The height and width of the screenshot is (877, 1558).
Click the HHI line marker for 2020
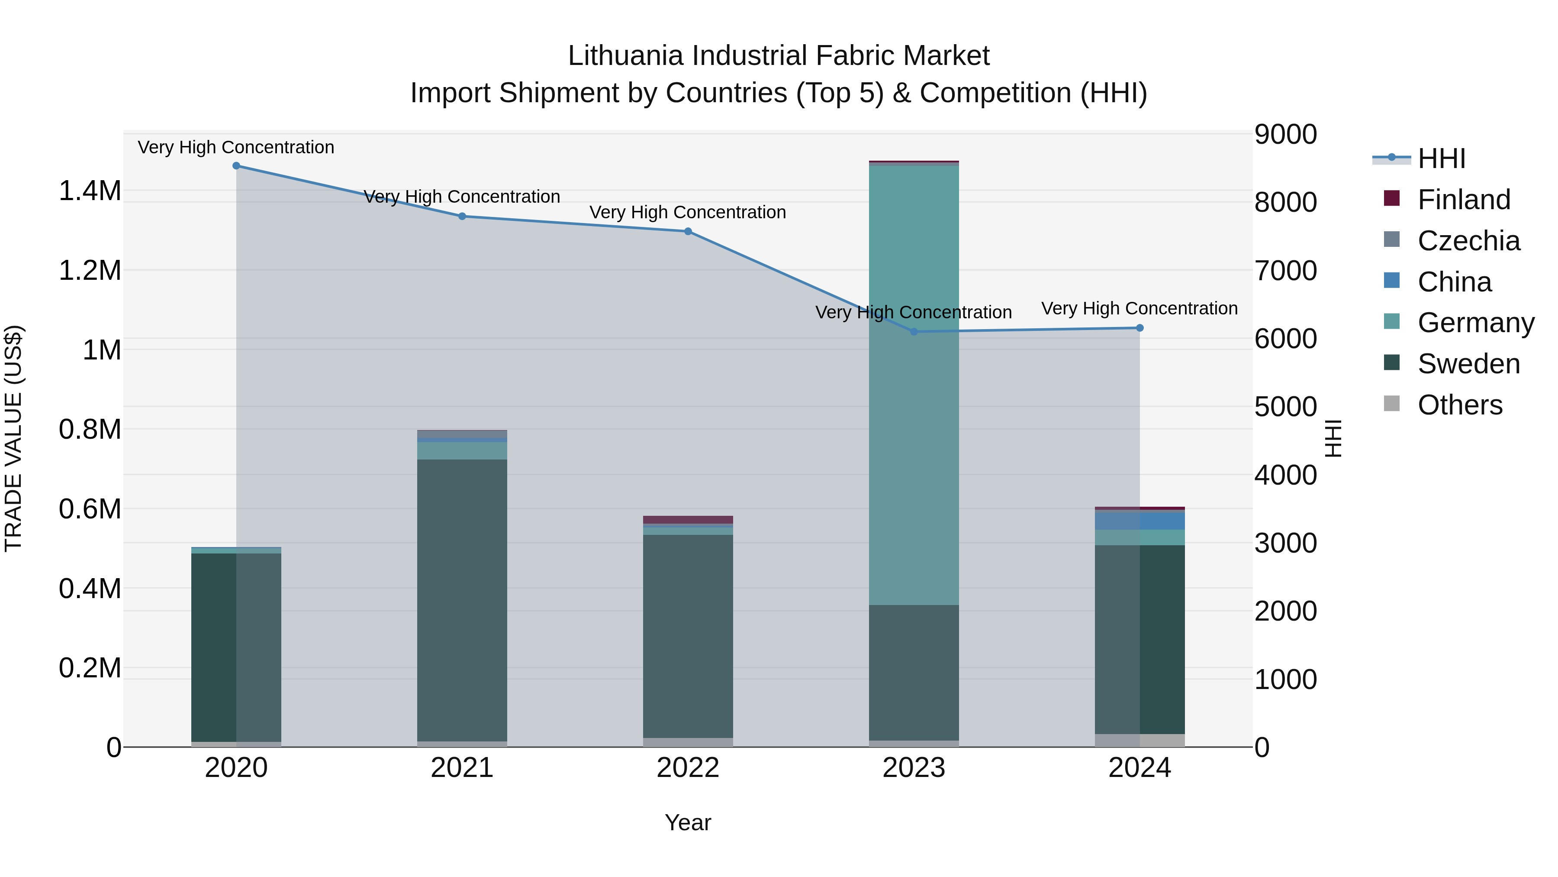236,166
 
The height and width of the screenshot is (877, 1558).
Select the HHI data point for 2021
462,216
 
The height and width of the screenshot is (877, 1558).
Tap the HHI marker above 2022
688,231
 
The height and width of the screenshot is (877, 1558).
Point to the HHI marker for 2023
914,332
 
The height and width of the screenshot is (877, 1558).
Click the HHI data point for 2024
1140,328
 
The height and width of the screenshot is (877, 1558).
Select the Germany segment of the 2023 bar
914,387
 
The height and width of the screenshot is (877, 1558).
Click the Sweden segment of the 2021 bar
462,599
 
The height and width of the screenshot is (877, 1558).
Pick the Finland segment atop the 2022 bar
688,519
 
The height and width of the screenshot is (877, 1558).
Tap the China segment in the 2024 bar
1140,521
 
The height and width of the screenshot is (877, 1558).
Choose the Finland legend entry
1463,200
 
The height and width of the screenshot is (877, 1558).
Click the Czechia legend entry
1468,241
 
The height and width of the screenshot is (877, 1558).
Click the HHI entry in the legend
1441,159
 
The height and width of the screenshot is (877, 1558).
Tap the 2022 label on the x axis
688,768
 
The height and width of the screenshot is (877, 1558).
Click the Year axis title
688,822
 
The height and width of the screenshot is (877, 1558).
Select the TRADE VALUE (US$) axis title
14,438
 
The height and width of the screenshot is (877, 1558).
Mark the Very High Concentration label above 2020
236,147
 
